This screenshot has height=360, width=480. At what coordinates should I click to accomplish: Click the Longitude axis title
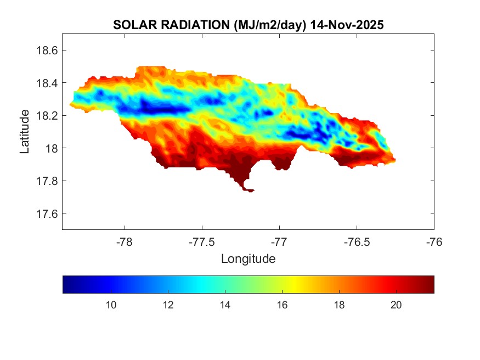(x=248, y=258)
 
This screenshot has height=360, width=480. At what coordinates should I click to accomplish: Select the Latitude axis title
(x=25, y=132)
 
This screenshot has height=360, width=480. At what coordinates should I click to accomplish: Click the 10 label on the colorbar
(x=111, y=305)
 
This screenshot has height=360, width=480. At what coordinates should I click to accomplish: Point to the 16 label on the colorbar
(x=282, y=305)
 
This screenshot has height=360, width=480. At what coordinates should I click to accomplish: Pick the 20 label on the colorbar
(x=396, y=305)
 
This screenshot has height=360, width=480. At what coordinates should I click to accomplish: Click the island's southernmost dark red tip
(x=249, y=190)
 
